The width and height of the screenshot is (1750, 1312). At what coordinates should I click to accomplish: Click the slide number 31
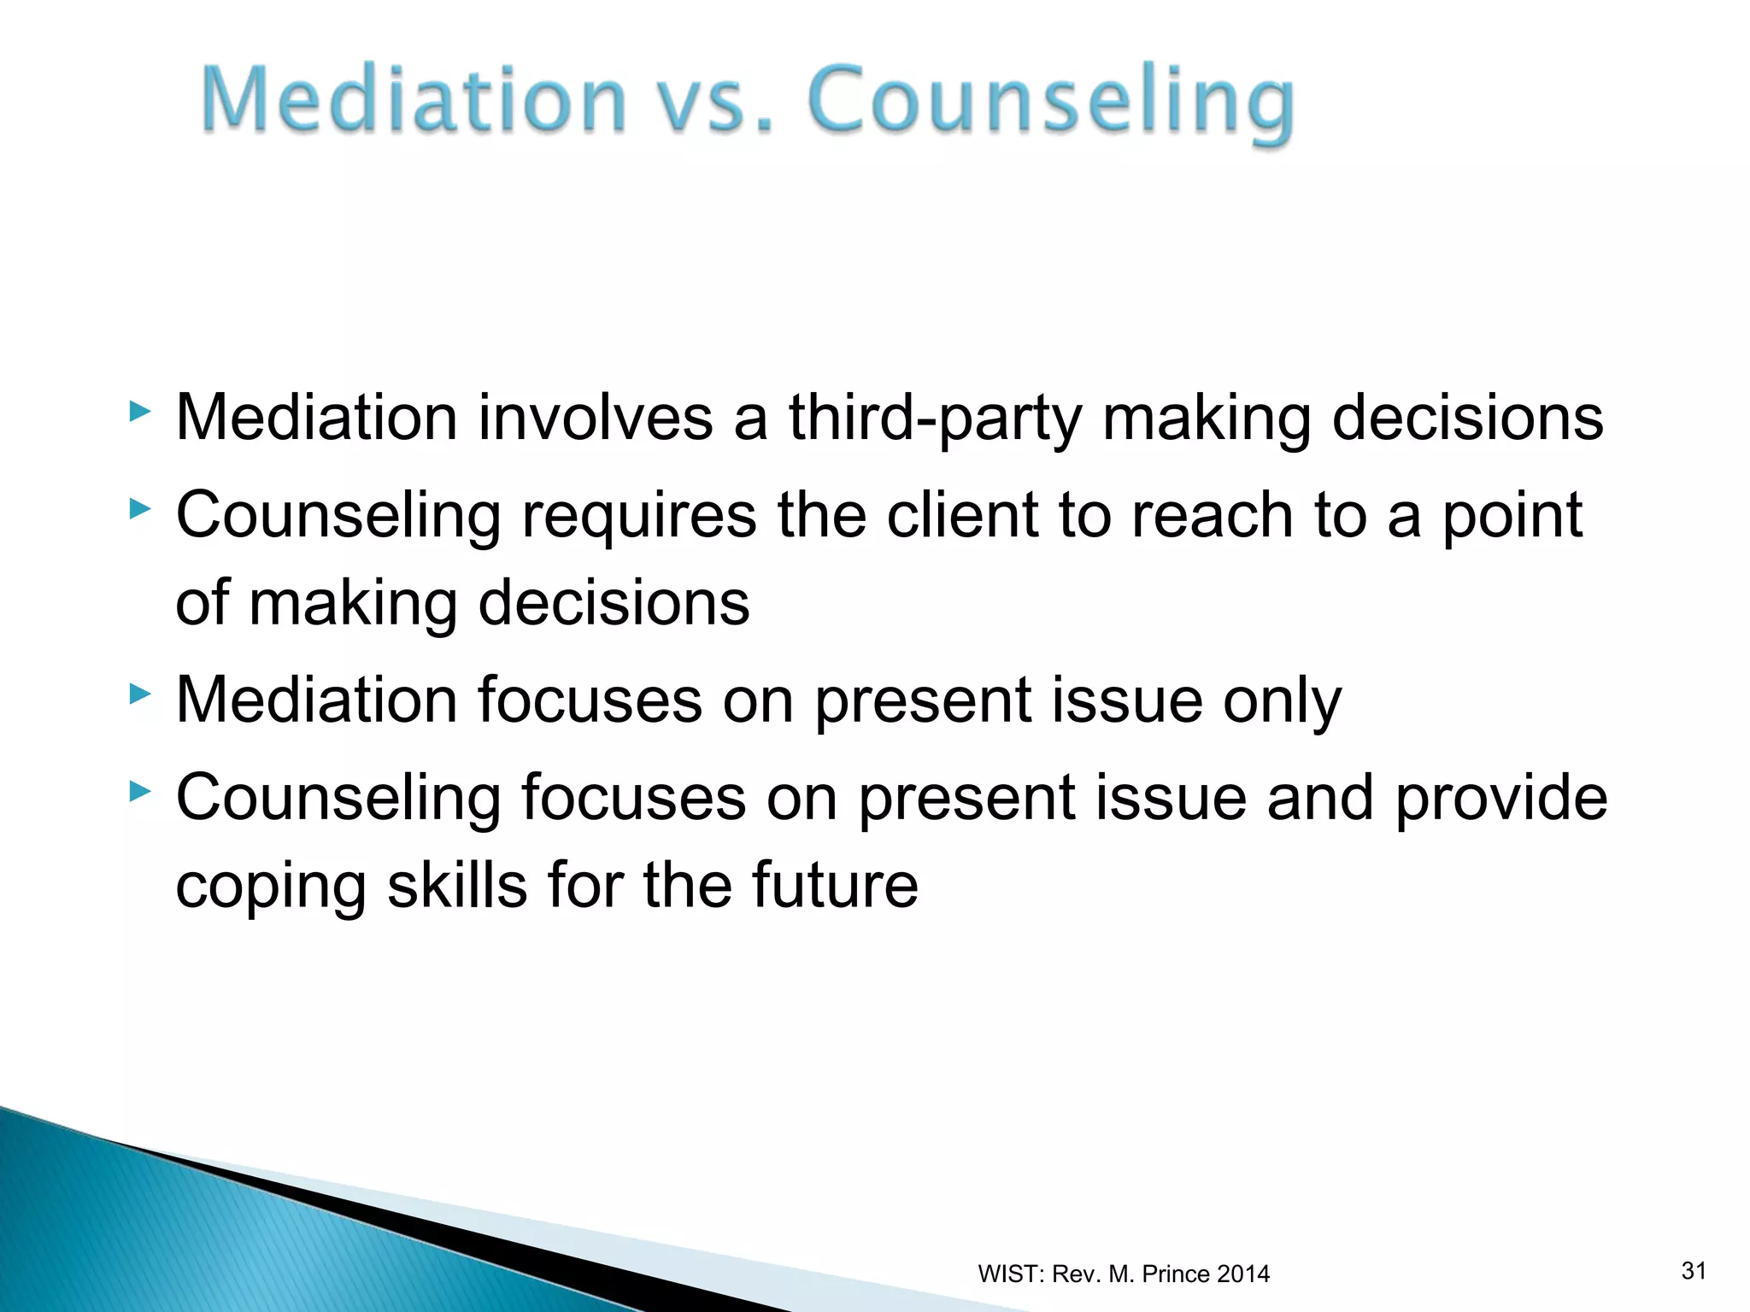[1694, 1271]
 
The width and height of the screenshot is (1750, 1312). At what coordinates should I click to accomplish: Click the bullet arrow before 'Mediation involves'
[140, 413]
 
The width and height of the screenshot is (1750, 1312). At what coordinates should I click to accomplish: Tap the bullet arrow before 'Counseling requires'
[140, 510]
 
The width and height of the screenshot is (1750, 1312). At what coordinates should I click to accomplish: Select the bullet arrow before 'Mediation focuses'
[140, 694]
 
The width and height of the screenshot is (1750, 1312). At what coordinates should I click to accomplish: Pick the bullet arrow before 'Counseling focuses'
[140, 792]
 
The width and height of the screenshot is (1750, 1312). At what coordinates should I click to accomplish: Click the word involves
[596, 419]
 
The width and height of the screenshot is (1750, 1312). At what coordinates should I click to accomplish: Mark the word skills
[457, 885]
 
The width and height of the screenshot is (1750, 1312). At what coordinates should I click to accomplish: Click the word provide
[1500, 799]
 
